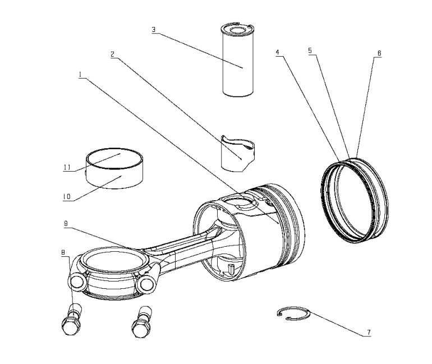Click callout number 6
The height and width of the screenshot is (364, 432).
(379, 53)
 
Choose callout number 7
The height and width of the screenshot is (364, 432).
(368, 333)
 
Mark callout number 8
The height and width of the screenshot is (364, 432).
(63, 252)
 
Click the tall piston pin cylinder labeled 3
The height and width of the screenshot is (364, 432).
(239, 62)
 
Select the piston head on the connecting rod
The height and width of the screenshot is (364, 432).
(258, 230)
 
